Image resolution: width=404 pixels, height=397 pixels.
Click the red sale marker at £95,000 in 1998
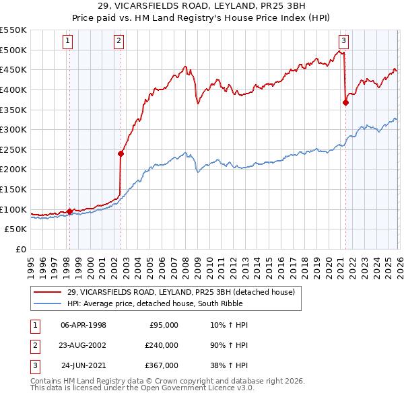click(x=69, y=211)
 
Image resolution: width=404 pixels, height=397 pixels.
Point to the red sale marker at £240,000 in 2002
click(x=121, y=153)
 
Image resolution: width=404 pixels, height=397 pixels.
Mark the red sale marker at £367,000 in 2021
click(x=345, y=103)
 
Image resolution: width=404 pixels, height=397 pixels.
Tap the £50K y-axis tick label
click(x=16, y=229)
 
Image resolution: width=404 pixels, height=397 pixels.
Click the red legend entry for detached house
click(x=180, y=292)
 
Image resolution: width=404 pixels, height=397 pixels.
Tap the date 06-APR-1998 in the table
click(x=83, y=325)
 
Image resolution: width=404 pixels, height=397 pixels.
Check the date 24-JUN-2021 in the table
click(x=83, y=365)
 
